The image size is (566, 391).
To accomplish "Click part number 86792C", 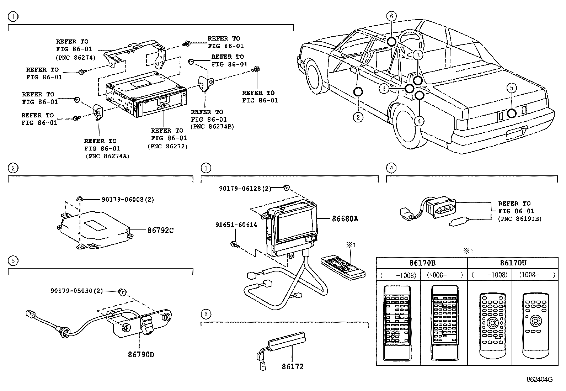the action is click(x=160, y=230).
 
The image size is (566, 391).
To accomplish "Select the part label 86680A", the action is click(x=345, y=219).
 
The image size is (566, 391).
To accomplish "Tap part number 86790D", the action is click(x=141, y=355).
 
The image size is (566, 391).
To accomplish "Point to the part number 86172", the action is click(x=293, y=366).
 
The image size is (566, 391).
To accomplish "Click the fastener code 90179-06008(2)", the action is click(x=128, y=200).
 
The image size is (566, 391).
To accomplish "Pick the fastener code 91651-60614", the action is click(x=236, y=224).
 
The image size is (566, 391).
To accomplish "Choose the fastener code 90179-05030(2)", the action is click(x=76, y=291).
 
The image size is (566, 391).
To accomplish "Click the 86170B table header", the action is click(x=422, y=263).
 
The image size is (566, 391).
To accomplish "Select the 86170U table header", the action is click(x=513, y=263).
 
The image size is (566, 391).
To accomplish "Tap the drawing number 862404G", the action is click(x=539, y=379).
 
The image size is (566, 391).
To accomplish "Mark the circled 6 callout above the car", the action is click(x=391, y=16).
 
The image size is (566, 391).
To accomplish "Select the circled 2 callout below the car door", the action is click(x=358, y=117).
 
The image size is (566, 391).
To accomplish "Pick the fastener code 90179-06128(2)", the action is click(x=245, y=189).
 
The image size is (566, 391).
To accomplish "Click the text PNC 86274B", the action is click(x=212, y=126).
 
